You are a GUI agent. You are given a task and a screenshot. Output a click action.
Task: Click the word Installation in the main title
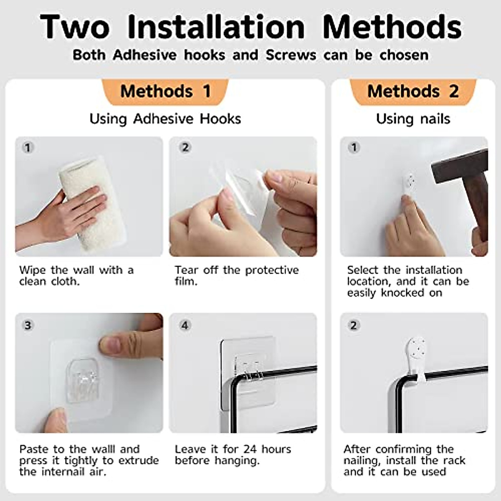216,27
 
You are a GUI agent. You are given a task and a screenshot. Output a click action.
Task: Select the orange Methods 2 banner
413,92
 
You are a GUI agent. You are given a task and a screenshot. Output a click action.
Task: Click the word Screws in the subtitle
291,55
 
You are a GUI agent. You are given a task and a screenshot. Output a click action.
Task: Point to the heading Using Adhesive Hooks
165,119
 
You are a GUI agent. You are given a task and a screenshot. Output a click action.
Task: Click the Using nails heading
413,119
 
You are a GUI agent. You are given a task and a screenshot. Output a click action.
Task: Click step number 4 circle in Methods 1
185,325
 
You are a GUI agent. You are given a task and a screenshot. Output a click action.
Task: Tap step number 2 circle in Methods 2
354,325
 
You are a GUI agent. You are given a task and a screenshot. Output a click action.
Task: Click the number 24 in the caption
250,449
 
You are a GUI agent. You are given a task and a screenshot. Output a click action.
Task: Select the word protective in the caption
272,271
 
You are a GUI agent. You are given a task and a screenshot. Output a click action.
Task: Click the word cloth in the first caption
65,281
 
